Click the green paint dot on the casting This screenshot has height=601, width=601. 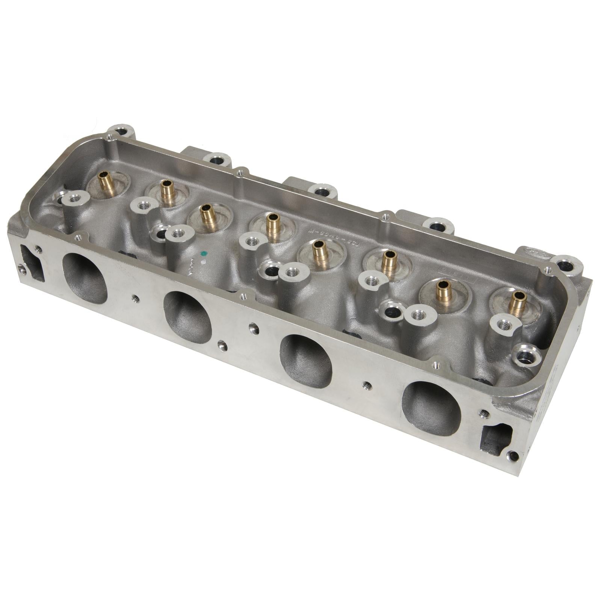pyautogui.click(x=204, y=253)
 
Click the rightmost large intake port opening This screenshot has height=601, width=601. pyautogui.click(x=431, y=408)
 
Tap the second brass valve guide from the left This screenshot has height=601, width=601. pyautogui.click(x=167, y=192)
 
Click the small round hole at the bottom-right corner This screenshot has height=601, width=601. pyautogui.click(x=512, y=456)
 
